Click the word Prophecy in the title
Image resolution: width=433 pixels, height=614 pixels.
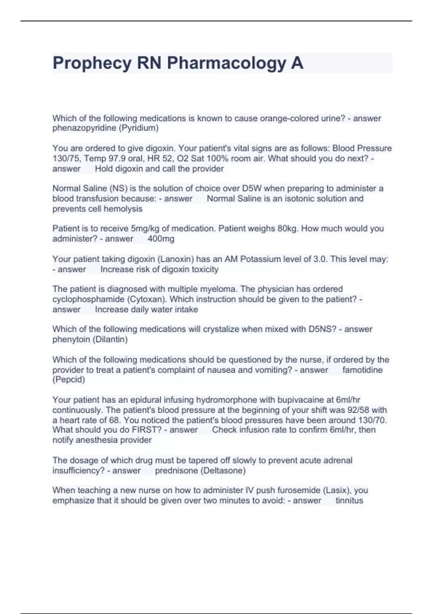point(92,63)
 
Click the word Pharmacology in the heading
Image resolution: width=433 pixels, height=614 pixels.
point(226,63)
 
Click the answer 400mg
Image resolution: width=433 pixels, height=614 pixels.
point(161,239)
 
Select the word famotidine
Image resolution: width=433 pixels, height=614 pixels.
point(362,370)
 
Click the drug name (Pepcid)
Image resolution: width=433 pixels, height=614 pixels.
point(69,380)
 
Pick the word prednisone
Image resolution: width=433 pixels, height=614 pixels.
point(176,471)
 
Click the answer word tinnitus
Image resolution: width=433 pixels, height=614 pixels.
point(349,501)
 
